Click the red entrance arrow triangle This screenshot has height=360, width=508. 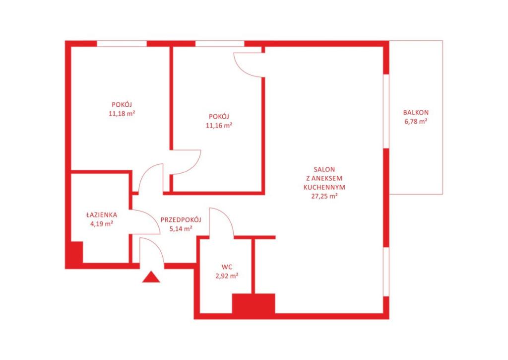(x=151, y=277)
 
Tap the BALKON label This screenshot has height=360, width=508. (x=416, y=113)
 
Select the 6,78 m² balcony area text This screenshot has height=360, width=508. (x=416, y=122)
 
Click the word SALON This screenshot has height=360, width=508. (x=324, y=169)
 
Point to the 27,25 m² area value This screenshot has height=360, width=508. (x=324, y=196)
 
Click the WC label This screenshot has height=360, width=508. (x=227, y=267)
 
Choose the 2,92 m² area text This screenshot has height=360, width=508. (x=227, y=276)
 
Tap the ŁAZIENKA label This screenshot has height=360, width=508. (x=102, y=215)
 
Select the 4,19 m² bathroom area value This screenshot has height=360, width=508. (x=102, y=223)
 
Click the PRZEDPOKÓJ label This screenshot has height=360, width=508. (x=181, y=219)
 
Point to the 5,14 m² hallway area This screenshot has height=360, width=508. (x=181, y=228)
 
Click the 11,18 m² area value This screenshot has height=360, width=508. (x=122, y=114)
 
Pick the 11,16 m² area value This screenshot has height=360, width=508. (x=219, y=125)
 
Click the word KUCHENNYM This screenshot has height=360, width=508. (x=324, y=187)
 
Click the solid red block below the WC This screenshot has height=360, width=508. (x=254, y=304)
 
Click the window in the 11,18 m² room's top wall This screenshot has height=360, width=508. (x=122, y=44)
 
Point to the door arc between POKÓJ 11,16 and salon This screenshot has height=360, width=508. (x=242, y=69)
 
